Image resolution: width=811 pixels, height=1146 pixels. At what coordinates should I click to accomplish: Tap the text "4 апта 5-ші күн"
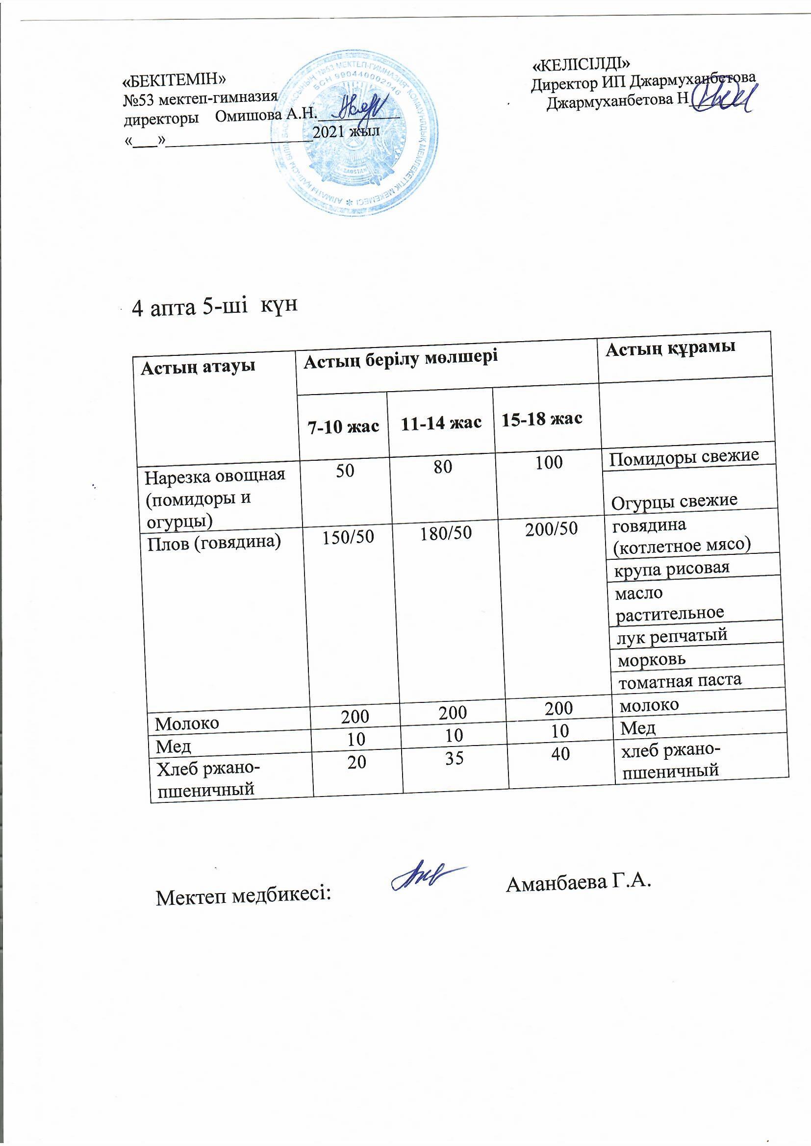point(214,307)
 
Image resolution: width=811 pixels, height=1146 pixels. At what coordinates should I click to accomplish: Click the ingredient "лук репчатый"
point(672,635)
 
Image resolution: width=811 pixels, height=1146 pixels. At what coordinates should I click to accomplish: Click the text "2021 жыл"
point(346,132)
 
